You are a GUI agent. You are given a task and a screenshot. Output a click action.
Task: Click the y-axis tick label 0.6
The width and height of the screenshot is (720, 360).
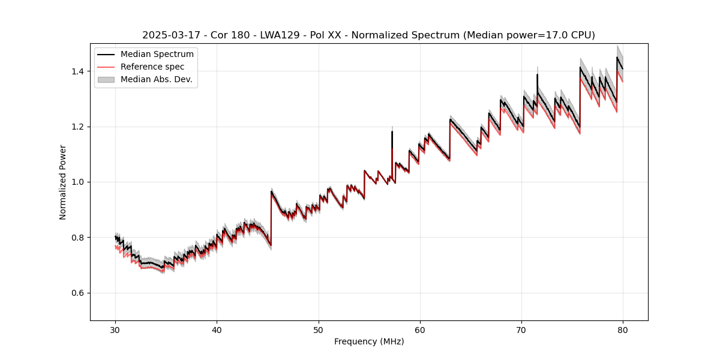(78, 293)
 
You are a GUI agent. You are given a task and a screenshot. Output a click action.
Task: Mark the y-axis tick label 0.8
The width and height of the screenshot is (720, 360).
(78, 238)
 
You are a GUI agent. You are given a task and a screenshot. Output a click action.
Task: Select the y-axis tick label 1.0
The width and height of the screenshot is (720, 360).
(78, 182)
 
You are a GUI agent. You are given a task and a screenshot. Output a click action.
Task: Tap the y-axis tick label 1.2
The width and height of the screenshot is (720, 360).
(78, 127)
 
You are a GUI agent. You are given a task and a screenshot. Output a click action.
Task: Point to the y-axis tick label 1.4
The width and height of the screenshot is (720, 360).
(78, 71)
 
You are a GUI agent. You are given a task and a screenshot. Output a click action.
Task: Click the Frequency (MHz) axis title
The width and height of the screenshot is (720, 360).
(369, 341)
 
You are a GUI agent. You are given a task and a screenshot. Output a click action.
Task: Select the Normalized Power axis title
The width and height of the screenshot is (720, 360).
(63, 182)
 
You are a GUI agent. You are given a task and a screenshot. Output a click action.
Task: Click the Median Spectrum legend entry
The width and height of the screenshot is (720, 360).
(157, 55)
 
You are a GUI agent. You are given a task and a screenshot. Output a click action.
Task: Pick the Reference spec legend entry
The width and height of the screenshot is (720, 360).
(152, 67)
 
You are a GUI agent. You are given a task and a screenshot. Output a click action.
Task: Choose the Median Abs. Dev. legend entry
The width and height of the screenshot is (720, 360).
(156, 79)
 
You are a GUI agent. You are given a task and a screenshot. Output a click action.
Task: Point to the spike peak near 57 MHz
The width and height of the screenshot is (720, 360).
(392, 131)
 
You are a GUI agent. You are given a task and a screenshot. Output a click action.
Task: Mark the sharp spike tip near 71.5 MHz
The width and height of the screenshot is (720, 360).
(537, 74)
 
